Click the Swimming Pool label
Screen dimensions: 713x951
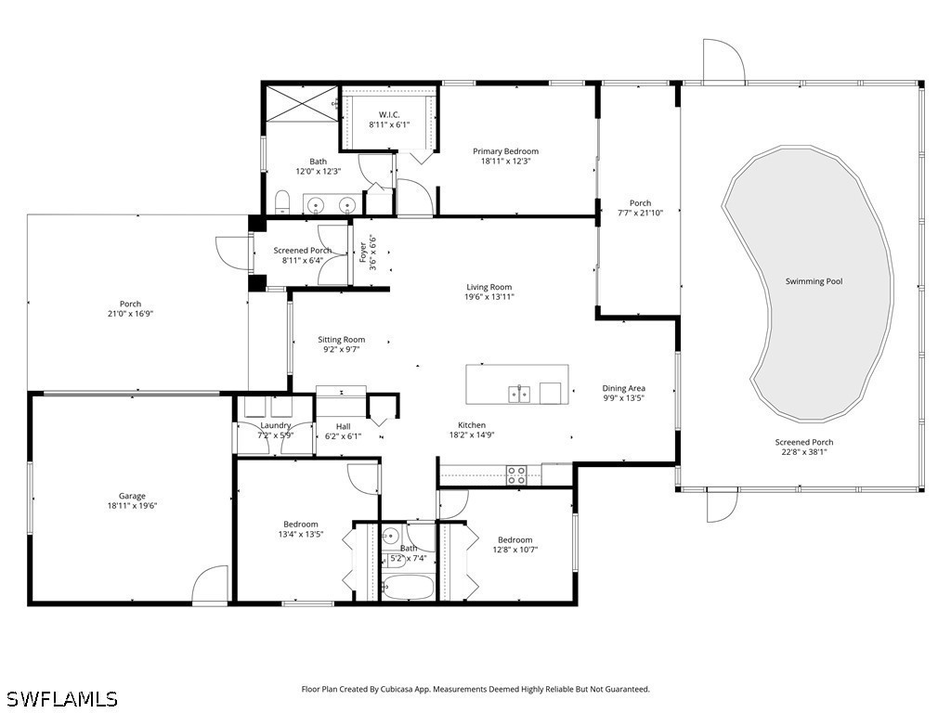point(814,281)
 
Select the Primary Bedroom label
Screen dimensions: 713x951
point(505,151)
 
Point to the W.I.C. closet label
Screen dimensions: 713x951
point(388,114)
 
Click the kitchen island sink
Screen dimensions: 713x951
point(519,395)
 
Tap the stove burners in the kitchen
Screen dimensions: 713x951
point(516,476)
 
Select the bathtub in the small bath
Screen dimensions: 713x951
point(408,588)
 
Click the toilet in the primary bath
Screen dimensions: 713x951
point(283,202)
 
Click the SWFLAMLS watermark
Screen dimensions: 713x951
point(61,698)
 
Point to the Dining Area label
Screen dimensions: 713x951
point(623,388)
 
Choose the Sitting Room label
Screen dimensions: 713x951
point(341,340)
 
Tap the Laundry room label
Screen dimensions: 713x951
point(275,425)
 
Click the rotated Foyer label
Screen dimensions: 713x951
point(363,252)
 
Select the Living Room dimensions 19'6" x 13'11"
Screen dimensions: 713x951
point(489,297)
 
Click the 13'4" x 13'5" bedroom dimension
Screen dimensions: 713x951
point(301,535)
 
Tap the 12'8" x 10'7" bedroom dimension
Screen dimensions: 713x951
point(515,550)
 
